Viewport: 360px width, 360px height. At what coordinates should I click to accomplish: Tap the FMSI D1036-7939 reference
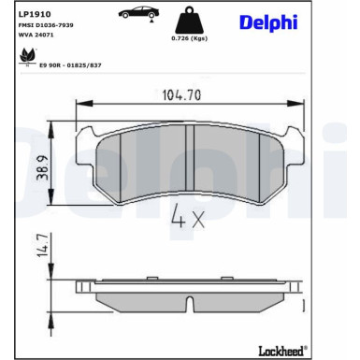point(46,25)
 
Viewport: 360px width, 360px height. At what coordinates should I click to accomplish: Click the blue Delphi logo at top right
point(268,22)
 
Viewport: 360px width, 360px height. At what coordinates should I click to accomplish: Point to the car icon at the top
point(138,13)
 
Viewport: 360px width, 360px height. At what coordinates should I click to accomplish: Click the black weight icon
point(189,20)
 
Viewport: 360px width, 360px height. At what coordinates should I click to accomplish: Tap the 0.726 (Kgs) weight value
point(190,38)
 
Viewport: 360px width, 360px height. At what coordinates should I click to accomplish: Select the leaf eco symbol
point(27,56)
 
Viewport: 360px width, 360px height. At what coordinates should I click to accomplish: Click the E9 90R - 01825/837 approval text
point(70,65)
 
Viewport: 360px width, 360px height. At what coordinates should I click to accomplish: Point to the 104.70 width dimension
point(181,94)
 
